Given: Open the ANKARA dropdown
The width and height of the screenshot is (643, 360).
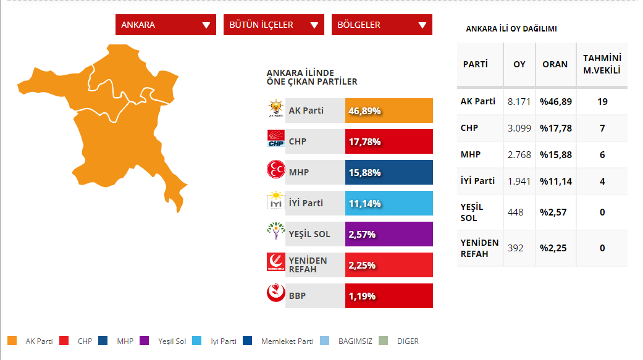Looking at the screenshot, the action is (166, 25).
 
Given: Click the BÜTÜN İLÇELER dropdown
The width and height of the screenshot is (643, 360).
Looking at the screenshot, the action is (274, 25).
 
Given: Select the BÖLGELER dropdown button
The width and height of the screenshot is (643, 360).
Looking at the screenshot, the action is (382, 25).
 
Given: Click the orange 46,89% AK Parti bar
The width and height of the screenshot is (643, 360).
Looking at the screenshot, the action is (389, 111).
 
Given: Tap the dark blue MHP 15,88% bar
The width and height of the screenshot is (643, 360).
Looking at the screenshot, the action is (389, 172).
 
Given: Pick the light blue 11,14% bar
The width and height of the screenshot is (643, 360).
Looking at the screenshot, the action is (389, 203).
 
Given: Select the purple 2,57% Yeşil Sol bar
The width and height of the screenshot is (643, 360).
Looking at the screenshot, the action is (389, 234).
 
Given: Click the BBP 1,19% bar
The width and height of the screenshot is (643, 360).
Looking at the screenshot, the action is (389, 296).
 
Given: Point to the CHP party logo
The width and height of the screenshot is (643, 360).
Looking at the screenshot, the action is (275, 138).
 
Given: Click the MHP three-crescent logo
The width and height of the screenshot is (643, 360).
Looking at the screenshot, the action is (275, 169).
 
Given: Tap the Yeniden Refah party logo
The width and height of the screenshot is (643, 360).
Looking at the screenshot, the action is (275, 262).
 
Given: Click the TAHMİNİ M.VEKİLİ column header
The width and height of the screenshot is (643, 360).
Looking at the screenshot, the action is (602, 64).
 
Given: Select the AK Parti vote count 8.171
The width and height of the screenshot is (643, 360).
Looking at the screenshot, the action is (519, 102).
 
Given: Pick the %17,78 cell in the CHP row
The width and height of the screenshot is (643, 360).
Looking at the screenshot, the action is (556, 128).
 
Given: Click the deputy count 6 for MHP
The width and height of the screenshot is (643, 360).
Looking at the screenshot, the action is (602, 154).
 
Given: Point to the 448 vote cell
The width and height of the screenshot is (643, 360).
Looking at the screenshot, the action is (516, 212).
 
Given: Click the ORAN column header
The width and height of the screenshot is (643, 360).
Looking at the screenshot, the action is (555, 64).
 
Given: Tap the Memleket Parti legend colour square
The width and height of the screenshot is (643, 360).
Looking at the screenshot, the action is (247, 341).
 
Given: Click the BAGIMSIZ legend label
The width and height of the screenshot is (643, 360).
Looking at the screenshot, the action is (355, 341).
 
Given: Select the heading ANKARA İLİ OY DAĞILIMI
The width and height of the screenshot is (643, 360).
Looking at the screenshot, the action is (511, 28).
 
